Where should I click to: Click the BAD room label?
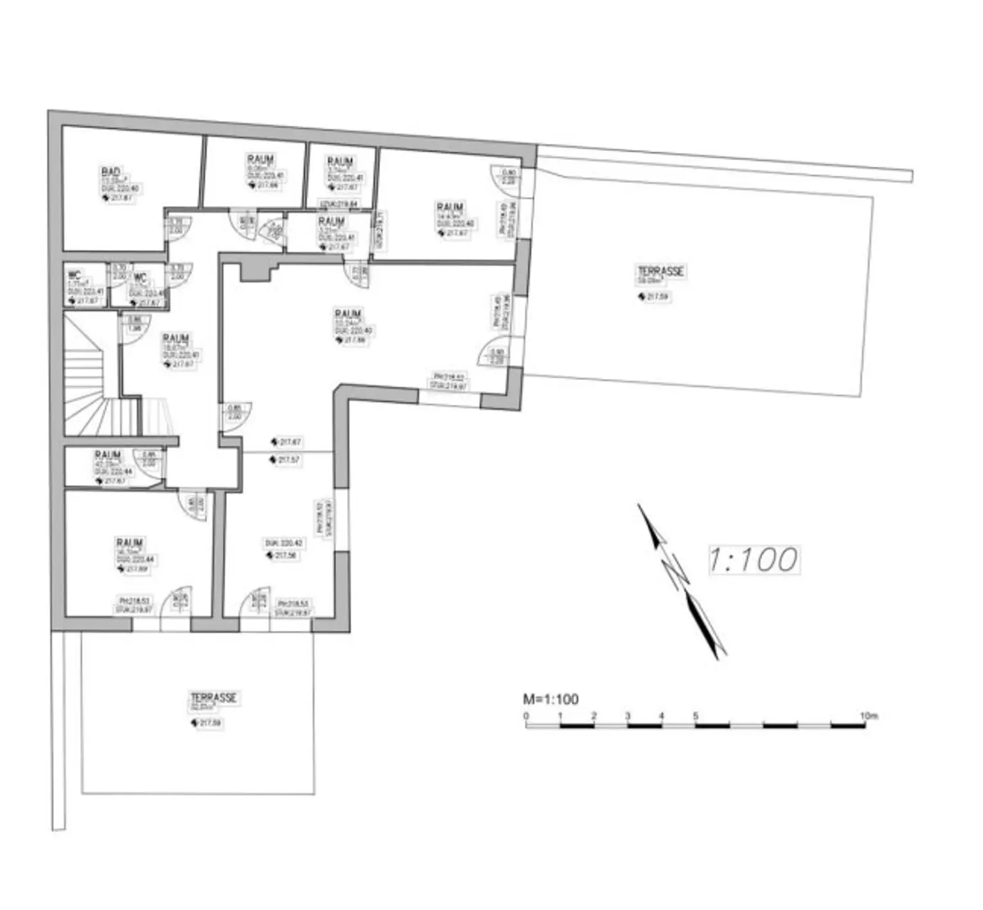[x=111, y=172]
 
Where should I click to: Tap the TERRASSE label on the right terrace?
[x=660, y=271]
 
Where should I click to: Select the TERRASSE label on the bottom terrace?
[x=213, y=698]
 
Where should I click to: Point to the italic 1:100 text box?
[x=753, y=559]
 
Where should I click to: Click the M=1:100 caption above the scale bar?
[x=550, y=699]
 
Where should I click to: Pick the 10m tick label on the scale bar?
[x=868, y=715]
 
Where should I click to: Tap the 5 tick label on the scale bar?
[x=696, y=715]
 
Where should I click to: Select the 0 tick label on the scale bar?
[x=526, y=715]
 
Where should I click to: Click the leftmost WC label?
[x=75, y=275]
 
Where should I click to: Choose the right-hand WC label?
[x=140, y=278]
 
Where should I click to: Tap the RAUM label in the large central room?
[x=348, y=314]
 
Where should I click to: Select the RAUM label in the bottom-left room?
[x=129, y=543]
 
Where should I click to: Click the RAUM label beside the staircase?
[x=175, y=338]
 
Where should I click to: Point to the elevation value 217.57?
[x=288, y=459]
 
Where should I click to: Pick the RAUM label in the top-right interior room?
[x=450, y=207]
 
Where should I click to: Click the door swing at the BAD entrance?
[x=175, y=229]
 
